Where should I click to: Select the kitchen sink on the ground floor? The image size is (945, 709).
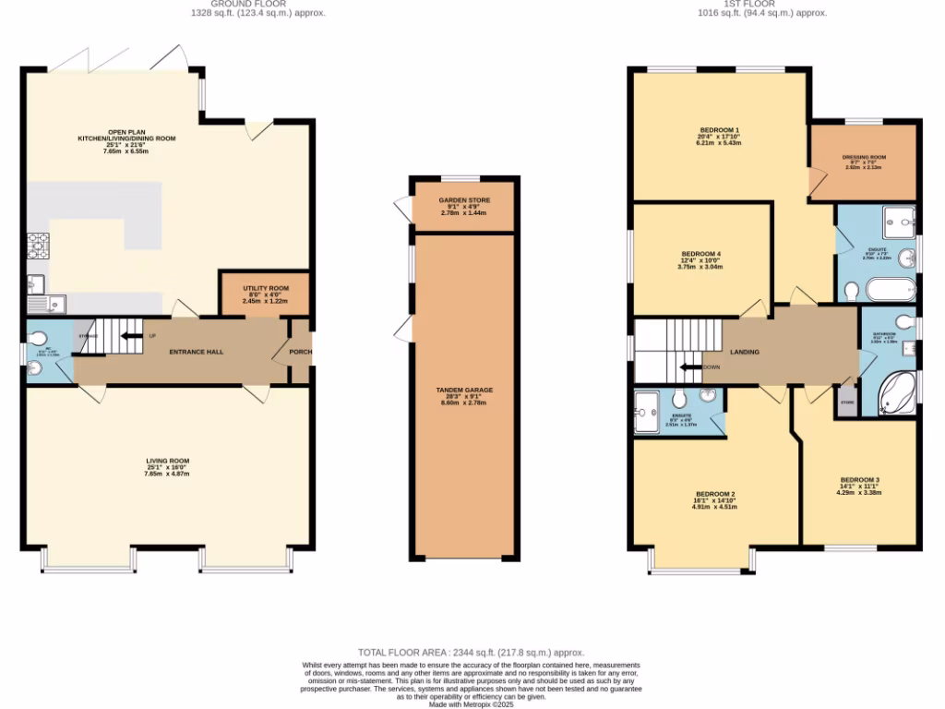43,300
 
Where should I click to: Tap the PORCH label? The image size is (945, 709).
301,352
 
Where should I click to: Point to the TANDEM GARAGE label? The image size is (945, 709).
462,391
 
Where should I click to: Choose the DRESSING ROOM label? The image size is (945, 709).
864,158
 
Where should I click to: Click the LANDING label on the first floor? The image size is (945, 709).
745,352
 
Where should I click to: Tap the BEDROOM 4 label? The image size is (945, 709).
700,254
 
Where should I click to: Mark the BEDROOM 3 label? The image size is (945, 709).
858,480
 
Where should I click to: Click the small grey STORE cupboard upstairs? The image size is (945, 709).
846,402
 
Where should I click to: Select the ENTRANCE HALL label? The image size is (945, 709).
196,352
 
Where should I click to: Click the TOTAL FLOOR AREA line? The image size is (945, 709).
472,652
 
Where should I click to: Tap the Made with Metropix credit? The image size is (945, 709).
472,705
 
